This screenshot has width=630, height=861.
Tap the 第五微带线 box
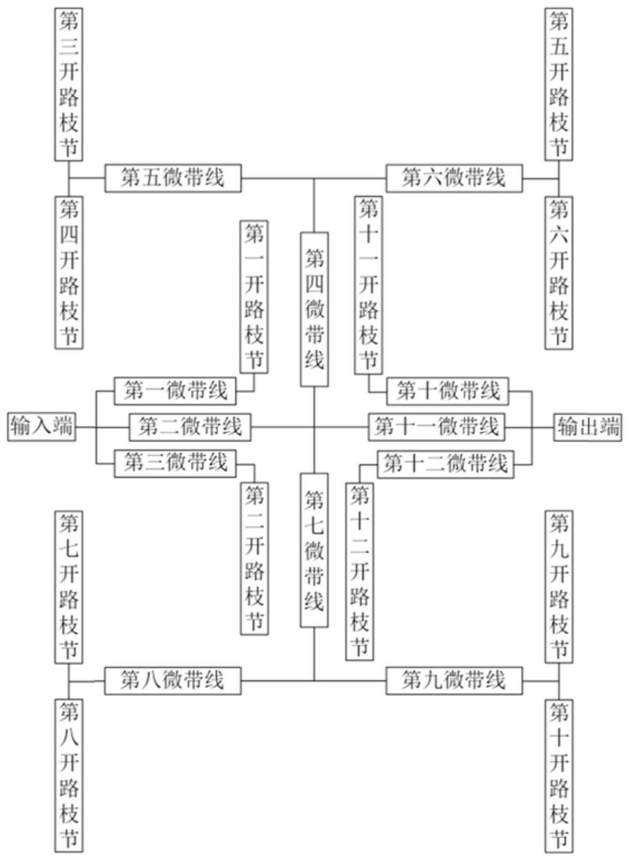point(173,178)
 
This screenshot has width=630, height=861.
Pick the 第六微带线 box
point(454,178)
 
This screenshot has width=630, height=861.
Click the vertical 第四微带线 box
point(314,309)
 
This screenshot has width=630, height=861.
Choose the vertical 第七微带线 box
point(314,550)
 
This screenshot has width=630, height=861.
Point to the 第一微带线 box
point(175,391)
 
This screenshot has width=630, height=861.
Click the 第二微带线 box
point(190,427)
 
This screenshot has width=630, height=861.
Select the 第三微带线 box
point(175,462)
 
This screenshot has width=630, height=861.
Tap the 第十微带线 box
point(448,391)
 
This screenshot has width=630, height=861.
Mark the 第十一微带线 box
point(436,427)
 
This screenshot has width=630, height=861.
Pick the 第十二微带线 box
point(445,464)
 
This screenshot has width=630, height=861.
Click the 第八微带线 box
point(173,680)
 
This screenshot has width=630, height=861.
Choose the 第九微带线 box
point(454,680)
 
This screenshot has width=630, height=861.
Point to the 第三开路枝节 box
point(69,84)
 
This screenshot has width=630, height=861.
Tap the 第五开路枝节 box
point(559,84)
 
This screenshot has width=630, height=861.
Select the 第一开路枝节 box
point(254,297)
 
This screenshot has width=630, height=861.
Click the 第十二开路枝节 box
point(360,570)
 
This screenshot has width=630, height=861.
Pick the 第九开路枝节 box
point(559,586)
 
